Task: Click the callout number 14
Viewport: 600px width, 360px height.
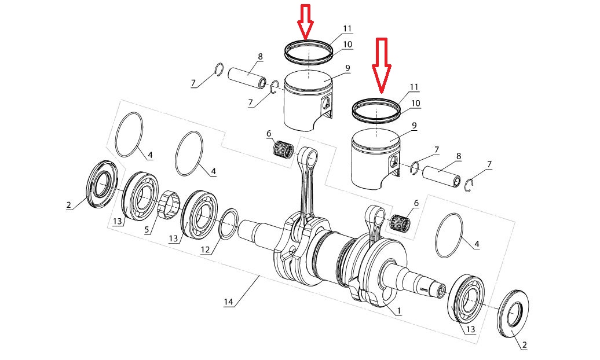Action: (229, 302)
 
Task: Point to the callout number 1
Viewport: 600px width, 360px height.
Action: (399, 311)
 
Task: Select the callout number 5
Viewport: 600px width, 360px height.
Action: (147, 229)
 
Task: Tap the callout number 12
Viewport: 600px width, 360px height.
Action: (206, 249)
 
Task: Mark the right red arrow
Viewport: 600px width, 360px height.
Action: (381, 64)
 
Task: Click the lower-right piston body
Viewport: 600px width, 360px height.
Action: (375, 156)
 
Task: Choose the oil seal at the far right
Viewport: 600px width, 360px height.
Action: (513, 314)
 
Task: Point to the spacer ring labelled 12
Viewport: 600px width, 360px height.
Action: (228, 224)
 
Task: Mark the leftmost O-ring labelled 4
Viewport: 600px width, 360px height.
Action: (129, 134)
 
